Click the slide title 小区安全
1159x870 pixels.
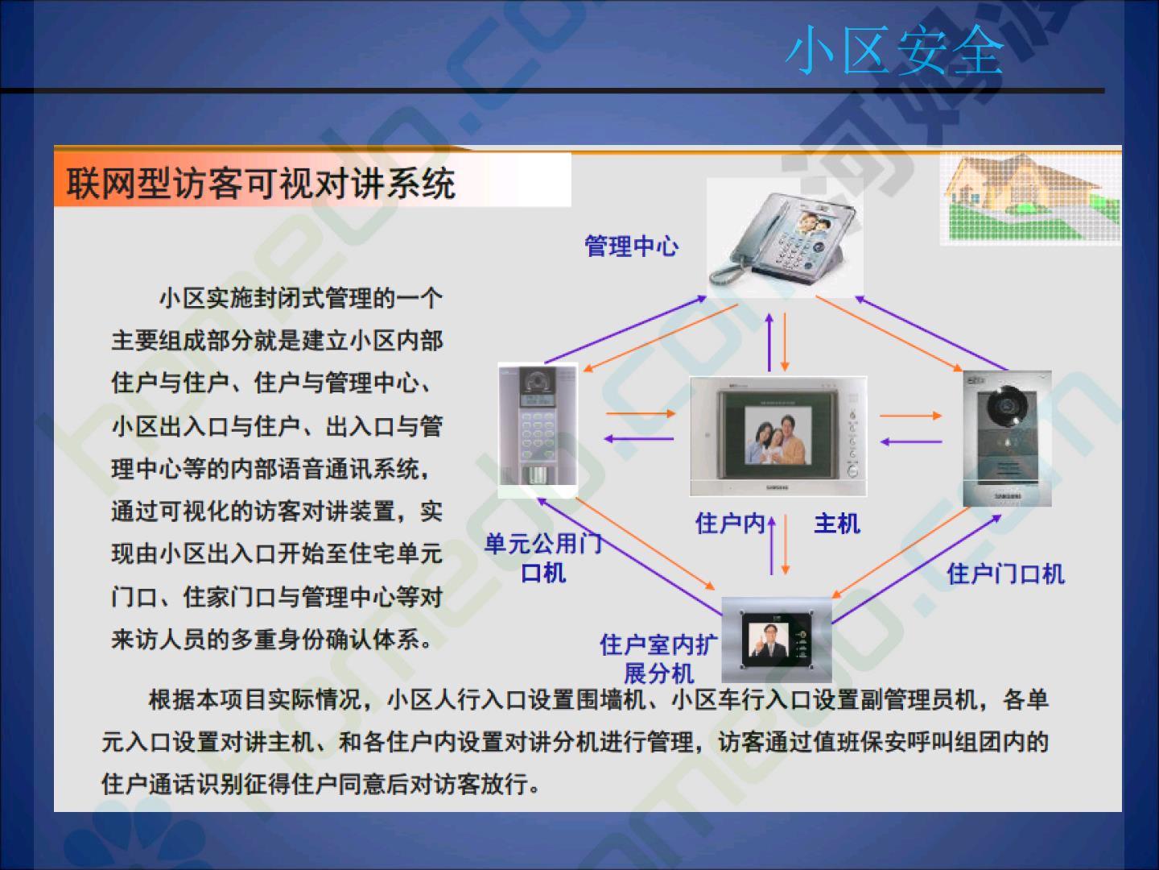click(x=894, y=50)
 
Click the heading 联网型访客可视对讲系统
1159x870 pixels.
click(x=261, y=184)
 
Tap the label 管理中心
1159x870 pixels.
click(x=632, y=246)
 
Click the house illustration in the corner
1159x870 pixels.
click(x=1029, y=197)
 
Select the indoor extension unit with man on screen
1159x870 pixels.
click(x=776, y=640)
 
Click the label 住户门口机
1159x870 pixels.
click(x=1005, y=574)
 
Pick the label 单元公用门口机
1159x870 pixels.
click(x=543, y=558)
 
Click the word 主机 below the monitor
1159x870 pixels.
click(x=837, y=524)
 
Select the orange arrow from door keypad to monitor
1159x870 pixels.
click(x=641, y=413)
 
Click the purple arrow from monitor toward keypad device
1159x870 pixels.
click(x=639, y=438)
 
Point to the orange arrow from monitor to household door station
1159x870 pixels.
click(x=911, y=416)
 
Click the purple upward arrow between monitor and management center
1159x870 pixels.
click(x=769, y=342)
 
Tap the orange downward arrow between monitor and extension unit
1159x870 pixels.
click(x=786, y=545)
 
